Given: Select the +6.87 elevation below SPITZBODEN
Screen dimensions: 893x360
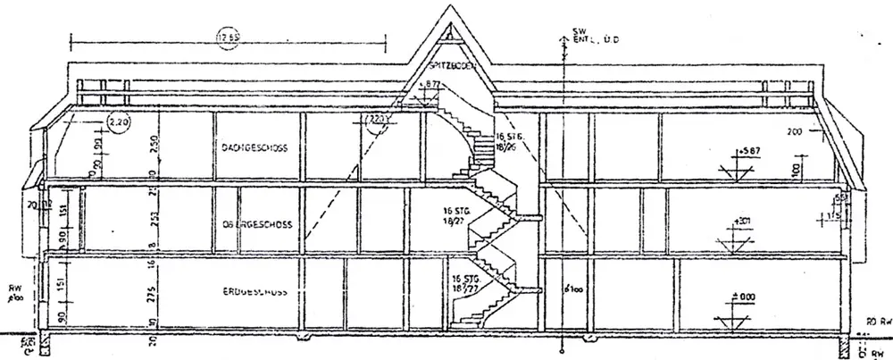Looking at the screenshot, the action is point(433,84).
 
